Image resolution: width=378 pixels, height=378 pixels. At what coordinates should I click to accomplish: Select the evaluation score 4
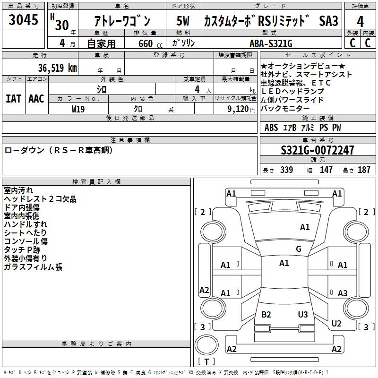[x=360, y=21]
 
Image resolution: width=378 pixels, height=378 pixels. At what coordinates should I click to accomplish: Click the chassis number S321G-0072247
[x=317, y=150]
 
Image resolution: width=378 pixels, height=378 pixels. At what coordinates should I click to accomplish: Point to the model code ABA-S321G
[x=271, y=43]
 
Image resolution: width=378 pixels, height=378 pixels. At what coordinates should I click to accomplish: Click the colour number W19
[x=78, y=109]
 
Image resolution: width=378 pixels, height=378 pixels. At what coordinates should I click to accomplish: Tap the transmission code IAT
[x=13, y=99]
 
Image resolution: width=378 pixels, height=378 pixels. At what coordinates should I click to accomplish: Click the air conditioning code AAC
[x=36, y=99]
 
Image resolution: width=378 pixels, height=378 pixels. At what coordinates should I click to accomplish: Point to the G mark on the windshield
[x=299, y=249]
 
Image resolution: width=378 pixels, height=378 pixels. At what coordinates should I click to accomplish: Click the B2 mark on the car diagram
[x=266, y=315]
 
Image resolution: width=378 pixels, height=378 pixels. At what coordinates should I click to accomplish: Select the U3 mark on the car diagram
[x=303, y=315]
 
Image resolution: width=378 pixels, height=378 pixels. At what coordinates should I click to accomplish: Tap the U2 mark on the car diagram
[x=336, y=324]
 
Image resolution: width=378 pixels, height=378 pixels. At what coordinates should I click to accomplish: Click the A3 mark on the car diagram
[x=343, y=293]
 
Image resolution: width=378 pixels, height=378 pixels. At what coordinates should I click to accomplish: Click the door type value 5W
[x=183, y=21]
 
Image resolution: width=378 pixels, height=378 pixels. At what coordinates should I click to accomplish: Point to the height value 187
[x=364, y=170]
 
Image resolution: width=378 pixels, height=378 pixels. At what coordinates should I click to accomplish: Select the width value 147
[x=326, y=170]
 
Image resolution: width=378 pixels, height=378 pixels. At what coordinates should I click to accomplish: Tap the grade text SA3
[x=329, y=21]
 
